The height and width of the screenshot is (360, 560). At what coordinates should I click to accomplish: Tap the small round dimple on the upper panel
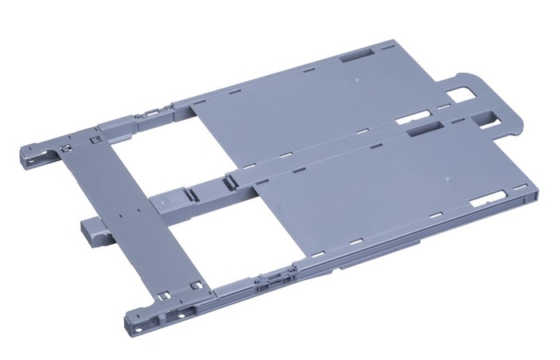(353, 80)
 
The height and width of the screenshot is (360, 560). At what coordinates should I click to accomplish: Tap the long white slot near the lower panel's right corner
(486, 202)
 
